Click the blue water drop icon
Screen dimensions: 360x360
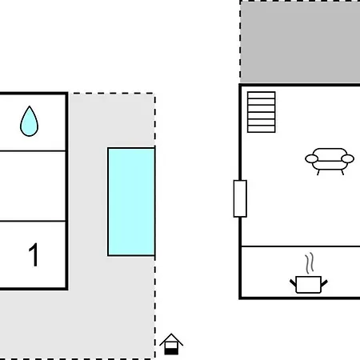click(x=30, y=122)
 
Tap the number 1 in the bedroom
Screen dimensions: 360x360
click(x=34, y=254)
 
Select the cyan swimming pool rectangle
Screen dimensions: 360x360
click(x=131, y=202)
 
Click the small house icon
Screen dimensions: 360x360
click(x=171, y=344)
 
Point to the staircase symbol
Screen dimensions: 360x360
click(x=262, y=112)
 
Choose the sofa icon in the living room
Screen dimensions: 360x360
click(x=330, y=161)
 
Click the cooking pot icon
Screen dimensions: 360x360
click(x=309, y=285)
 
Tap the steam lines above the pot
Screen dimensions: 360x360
click(x=310, y=263)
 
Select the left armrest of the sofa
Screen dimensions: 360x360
click(x=311, y=159)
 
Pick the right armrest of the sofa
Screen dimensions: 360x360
click(x=348, y=159)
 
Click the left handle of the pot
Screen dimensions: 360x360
click(x=293, y=283)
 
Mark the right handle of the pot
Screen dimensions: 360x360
click(x=324, y=283)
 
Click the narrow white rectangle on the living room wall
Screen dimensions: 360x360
click(x=240, y=198)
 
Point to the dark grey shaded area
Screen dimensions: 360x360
click(x=300, y=42)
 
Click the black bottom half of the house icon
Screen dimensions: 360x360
click(x=171, y=351)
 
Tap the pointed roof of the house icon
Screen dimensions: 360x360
click(x=171, y=339)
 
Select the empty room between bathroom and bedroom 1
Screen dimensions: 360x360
click(x=33, y=186)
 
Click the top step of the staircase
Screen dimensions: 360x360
click(x=262, y=95)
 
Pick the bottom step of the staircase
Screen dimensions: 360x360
click(x=262, y=129)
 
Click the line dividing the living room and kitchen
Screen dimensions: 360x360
click(x=301, y=246)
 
